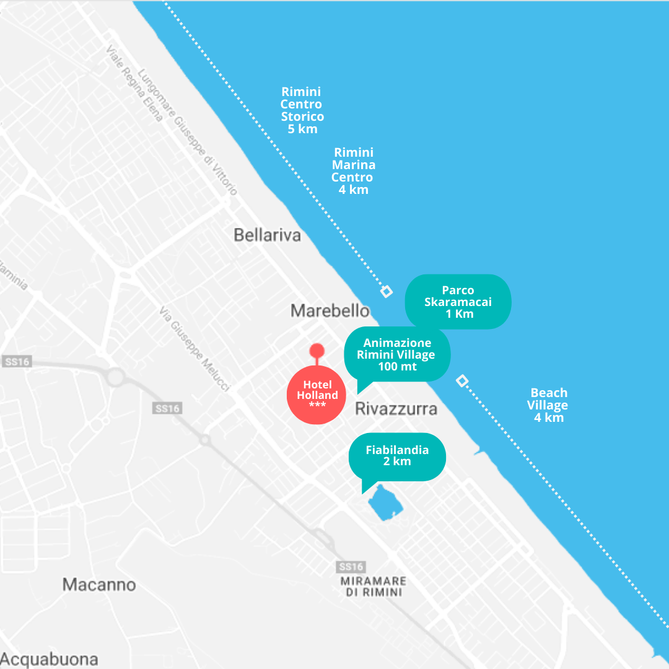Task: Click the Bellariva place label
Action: coord(267,235)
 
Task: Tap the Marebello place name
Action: coord(330,310)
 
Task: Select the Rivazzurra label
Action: coord(396,409)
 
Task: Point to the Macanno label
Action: coord(99,584)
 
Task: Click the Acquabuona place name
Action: coord(49,658)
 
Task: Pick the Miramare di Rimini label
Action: coord(374,586)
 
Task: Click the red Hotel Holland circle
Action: coord(317,395)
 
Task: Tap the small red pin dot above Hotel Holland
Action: coord(317,351)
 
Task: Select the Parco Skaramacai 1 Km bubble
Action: coord(458,302)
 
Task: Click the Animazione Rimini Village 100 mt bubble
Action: coord(397,354)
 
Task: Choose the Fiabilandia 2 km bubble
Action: coord(397,456)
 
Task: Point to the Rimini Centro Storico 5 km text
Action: coord(302,110)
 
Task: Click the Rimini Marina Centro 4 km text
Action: coord(354,171)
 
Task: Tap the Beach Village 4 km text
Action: coord(548,405)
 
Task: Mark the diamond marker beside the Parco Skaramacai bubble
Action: coord(386,291)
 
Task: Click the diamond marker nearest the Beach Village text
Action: coord(461,380)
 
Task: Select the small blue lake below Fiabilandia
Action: coord(385,502)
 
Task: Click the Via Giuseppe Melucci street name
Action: coord(194,349)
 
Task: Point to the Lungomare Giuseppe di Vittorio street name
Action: coord(188,131)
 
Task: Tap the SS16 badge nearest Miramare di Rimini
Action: coord(350,567)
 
